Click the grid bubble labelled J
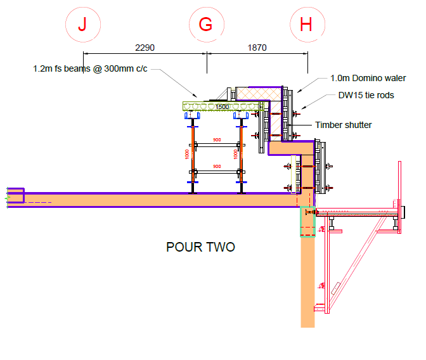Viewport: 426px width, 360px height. coord(82,25)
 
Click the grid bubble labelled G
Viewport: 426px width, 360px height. coord(206,25)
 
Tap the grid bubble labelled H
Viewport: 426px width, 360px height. coord(307,25)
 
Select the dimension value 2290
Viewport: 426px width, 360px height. coord(145,48)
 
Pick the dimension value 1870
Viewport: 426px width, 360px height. coord(257,48)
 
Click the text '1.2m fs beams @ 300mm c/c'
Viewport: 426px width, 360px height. coord(90,68)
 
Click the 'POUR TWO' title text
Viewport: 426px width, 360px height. coord(200,247)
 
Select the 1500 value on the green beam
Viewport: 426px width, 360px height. coord(221,107)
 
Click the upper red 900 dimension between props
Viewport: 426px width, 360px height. coord(217,140)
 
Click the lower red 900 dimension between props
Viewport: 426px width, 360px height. coord(217,166)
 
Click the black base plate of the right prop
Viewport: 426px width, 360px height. coord(242,191)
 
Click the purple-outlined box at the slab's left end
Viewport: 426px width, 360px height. coord(15,195)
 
